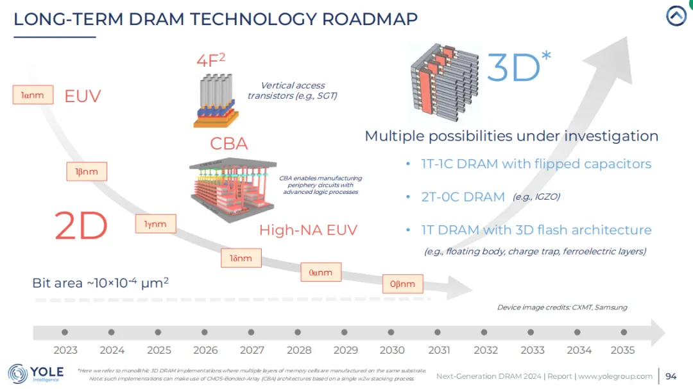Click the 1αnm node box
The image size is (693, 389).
(x=32, y=95)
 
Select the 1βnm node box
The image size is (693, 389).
(x=87, y=171)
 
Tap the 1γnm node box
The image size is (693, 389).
(x=155, y=223)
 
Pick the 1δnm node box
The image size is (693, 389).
(x=241, y=258)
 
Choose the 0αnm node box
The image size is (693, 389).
(x=321, y=272)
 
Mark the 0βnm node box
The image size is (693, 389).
(x=402, y=283)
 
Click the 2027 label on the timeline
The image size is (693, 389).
(x=252, y=350)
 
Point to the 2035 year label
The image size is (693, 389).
(x=622, y=350)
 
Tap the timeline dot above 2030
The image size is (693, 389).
(x=391, y=333)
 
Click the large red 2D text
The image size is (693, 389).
(x=81, y=225)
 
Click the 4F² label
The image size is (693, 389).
(x=210, y=61)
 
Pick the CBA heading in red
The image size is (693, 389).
(x=229, y=143)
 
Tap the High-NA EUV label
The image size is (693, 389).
(x=308, y=230)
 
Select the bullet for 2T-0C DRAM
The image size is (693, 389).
(x=408, y=197)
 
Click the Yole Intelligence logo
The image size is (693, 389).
(x=36, y=373)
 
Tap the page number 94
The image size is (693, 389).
(x=671, y=376)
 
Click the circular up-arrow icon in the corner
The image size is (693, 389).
(x=676, y=15)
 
